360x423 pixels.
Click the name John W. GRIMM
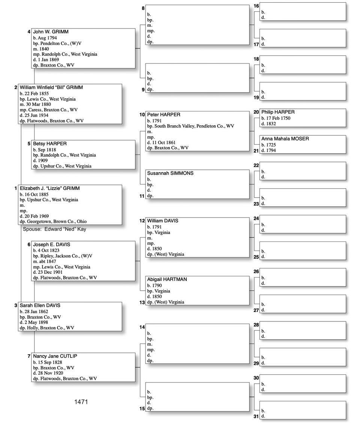tap(51, 32)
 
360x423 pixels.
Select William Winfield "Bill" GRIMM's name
tap(51, 87)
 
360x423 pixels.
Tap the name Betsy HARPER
tap(50, 144)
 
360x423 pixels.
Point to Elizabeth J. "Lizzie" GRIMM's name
tap(49, 188)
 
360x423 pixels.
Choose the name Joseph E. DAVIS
tap(51, 244)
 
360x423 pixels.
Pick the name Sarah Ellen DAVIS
tap(40, 305)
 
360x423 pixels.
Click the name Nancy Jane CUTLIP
tap(55, 356)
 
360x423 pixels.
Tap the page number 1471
tap(81, 402)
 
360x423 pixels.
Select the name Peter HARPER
tap(163, 114)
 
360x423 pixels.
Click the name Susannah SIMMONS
tap(170, 173)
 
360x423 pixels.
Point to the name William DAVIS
tap(163, 221)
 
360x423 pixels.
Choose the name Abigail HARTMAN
tap(167, 279)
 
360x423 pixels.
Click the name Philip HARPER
tap(278, 112)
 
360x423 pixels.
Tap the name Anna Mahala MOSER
tap(285, 139)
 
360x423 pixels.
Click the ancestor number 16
tap(256, 6)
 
